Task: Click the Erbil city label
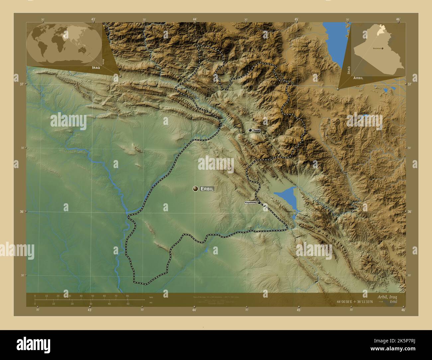pyautogui.click(x=207, y=189)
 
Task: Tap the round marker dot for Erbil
pyautogui.click(x=195, y=189)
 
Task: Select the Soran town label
pyautogui.click(x=257, y=131)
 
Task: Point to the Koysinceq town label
pyautogui.click(x=251, y=203)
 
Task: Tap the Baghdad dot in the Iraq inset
pyautogui.click(x=382, y=48)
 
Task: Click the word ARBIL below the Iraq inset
pyautogui.click(x=358, y=78)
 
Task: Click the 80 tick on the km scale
pyautogui.click(x=127, y=296)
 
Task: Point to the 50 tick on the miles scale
pyautogui.click(x=128, y=304)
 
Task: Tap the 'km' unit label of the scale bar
pyautogui.click(x=151, y=297)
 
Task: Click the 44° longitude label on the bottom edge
pyautogui.click(x=194, y=310)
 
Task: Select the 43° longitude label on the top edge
pyautogui.click(x=93, y=19)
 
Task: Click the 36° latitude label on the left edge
pyautogui.click(x=22, y=212)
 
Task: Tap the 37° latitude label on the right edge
pyautogui.click(x=409, y=84)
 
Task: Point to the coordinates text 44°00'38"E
pyautogui.click(x=348, y=302)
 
